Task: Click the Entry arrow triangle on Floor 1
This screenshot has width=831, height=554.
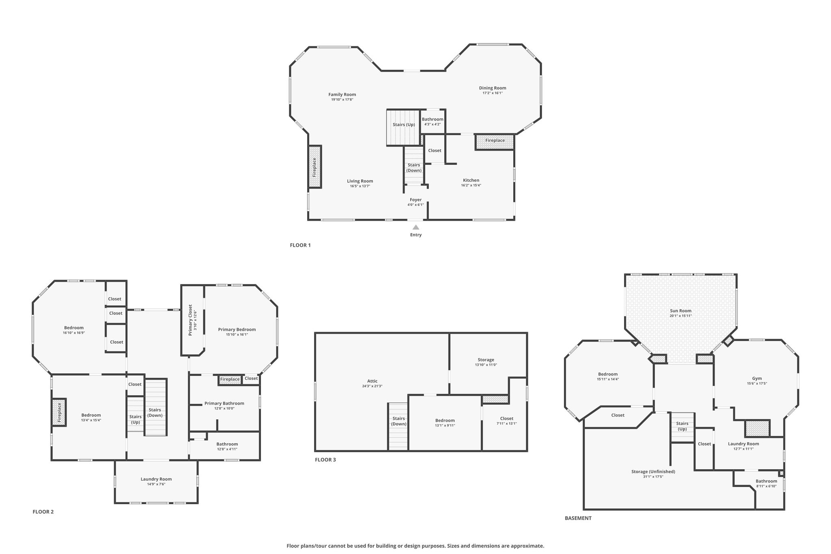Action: click(416, 227)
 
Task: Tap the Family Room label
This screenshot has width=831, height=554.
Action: click(342, 95)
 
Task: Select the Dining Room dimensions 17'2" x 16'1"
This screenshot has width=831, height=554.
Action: click(493, 93)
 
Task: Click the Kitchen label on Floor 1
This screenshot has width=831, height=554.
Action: click(471, 180)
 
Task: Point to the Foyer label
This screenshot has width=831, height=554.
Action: click(415, 200)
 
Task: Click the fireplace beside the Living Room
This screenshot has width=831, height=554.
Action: click(315, 167)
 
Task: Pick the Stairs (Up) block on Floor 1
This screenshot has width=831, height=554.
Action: click(403, 127)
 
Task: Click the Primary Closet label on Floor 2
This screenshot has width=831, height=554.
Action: click(190, 320)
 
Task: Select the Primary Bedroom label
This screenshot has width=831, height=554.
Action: click(237, 330)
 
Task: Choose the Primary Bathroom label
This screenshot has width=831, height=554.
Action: click(224, 403)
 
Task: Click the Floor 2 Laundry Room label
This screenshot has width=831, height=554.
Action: click(156, 479)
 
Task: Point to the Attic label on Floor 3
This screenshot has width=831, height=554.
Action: click(372, 381)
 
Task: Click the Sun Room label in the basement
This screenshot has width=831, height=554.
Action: click(680, 311)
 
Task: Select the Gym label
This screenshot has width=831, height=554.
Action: click(757, 378)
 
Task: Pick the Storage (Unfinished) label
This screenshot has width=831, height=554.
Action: click(653, 472)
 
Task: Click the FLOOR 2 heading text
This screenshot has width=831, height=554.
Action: click(43, 512)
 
